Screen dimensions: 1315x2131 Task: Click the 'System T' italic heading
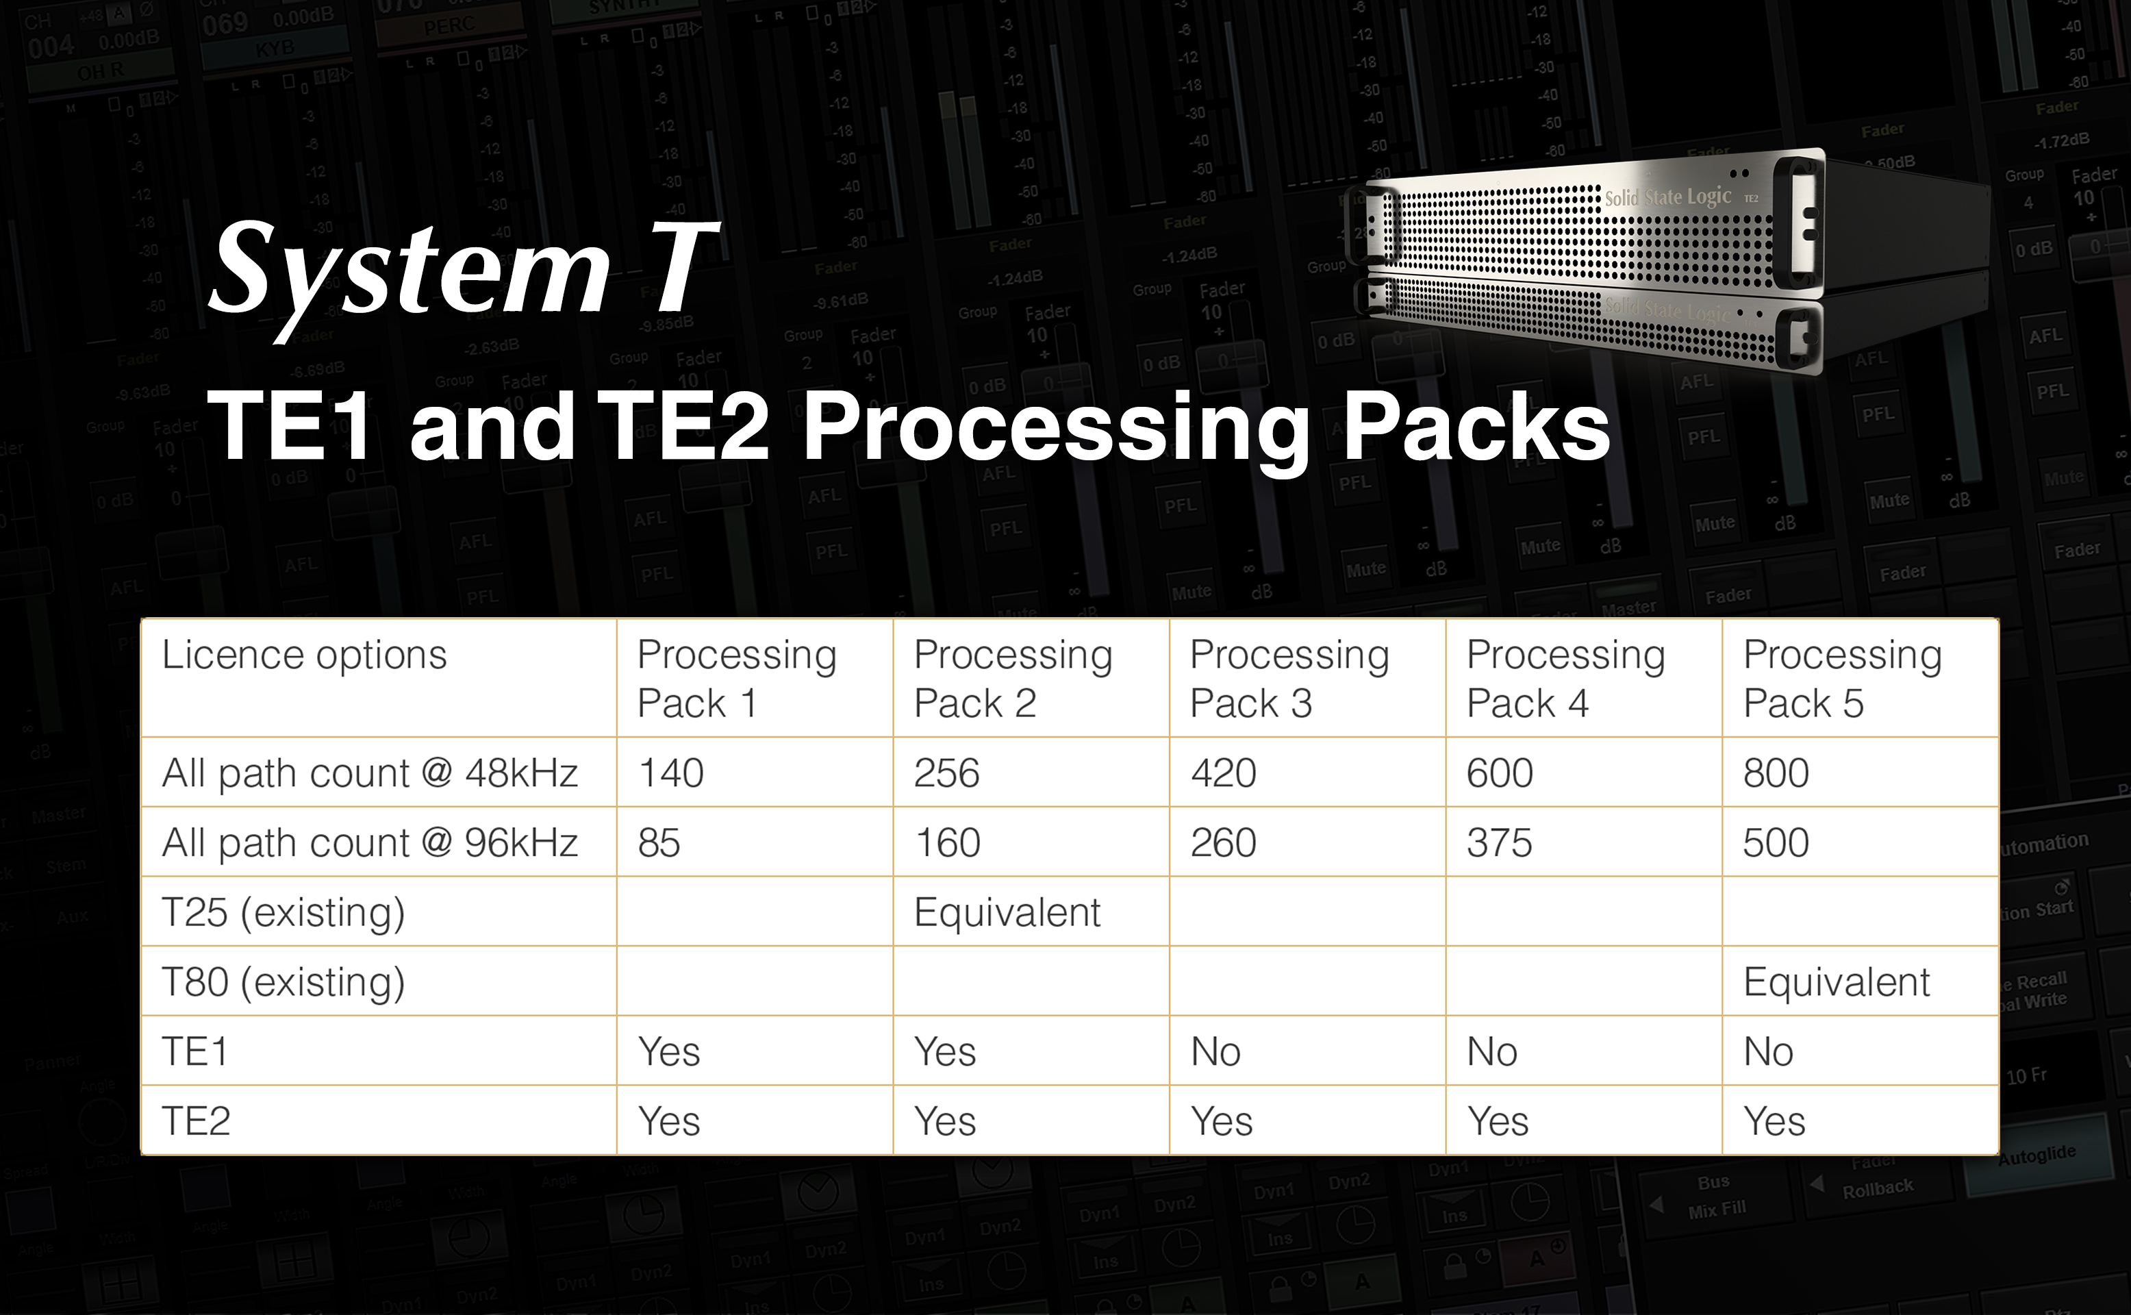point(462,270)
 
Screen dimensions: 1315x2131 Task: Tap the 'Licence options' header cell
point(304,655)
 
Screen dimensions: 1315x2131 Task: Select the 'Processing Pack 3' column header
point(1289,678)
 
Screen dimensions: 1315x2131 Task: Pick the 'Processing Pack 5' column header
point(1841,678)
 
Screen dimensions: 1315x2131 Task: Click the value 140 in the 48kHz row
point(670,773)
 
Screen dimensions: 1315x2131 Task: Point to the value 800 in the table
point(1776,773)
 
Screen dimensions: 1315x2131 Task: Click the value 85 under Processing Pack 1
point(658,842)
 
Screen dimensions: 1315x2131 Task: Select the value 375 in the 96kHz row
point(1499,842)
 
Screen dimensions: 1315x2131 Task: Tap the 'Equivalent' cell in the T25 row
point(1007,912)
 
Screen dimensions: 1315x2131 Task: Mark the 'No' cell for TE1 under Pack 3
point(1215,1051)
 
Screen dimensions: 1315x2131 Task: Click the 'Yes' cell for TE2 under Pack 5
point(1774,1121)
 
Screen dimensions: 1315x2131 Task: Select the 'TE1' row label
point(194,1051)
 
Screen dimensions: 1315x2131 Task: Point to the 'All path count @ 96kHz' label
point(370,842)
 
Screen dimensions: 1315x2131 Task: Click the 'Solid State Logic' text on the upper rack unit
point(1667,197)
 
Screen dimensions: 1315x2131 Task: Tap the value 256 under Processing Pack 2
point(946,773)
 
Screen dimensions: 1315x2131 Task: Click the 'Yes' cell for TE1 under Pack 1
point(668,1051)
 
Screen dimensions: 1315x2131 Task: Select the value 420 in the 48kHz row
point(1222,773)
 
